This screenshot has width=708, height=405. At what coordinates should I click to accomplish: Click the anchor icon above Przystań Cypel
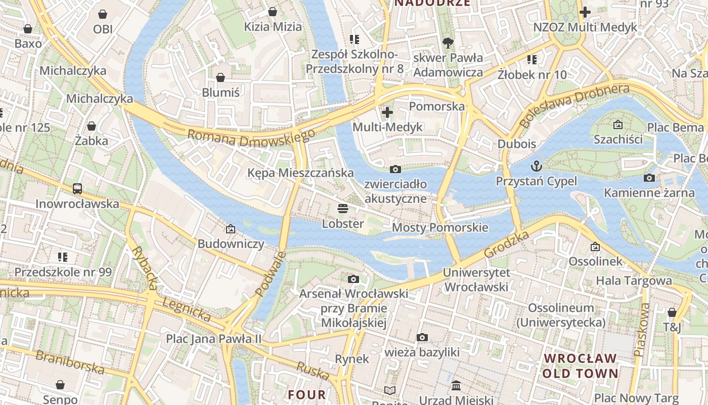(536, 166)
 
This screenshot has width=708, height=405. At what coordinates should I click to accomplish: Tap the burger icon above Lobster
(343, 209)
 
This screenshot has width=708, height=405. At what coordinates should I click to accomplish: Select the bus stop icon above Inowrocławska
(77, 189)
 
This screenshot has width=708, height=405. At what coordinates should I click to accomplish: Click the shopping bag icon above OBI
(103, 14)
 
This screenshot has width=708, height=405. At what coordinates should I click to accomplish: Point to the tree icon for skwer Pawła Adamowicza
(448, 43)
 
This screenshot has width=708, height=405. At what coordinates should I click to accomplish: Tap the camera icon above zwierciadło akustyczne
(395, 169)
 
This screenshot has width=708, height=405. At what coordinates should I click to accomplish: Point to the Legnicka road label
(187, 309)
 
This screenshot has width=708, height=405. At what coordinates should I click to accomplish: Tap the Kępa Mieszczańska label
(300, 173)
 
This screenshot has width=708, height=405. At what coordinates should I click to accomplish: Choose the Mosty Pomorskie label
(440, 227)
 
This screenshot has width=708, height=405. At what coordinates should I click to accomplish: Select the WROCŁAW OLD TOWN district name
(581, 366)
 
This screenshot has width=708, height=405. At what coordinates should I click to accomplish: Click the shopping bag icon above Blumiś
(220, 77)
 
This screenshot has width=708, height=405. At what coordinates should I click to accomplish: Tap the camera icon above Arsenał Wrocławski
(353, 279)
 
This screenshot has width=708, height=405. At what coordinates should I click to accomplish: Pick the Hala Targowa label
(634, 280)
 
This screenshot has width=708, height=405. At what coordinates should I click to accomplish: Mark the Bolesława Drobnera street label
(574, 105)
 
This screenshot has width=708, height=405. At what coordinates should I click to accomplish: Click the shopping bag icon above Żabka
(92, 126)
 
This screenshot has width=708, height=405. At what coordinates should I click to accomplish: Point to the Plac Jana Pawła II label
(213, 339)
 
